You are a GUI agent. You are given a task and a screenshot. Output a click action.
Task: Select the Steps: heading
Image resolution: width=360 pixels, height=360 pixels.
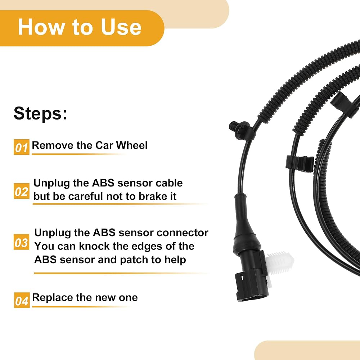click(x=40, y=113)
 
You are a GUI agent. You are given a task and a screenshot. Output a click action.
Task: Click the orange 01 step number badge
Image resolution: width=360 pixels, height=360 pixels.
click(x=22, y=147)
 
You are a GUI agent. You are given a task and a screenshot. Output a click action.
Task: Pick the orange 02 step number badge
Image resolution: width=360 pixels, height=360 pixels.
click(x=22, y=191)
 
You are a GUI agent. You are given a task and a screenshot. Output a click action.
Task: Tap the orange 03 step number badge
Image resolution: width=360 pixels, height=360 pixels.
click(x=21, y=242)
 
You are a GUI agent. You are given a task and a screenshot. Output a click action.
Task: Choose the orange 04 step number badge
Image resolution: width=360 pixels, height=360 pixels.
click(x=22, y=300)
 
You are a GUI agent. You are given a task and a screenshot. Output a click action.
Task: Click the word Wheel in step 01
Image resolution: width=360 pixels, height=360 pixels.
click(x=131, y=145)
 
